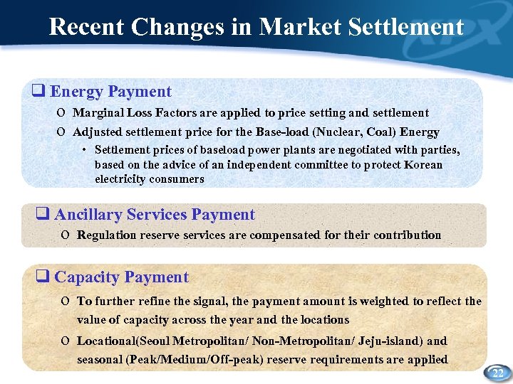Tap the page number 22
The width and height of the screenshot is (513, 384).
pos(497,373)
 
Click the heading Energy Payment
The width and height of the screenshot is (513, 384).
pos(111,92)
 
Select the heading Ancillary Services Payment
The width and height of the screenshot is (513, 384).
pos(155,215)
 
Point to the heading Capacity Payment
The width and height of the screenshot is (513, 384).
pos(122,277)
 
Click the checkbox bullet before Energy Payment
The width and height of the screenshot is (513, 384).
pos(40,92)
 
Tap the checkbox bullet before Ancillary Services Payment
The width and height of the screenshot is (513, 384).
pos(43,215)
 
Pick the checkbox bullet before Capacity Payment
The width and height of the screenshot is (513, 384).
pos(43,277)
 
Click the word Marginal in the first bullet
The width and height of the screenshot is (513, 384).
pos(98,112)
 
